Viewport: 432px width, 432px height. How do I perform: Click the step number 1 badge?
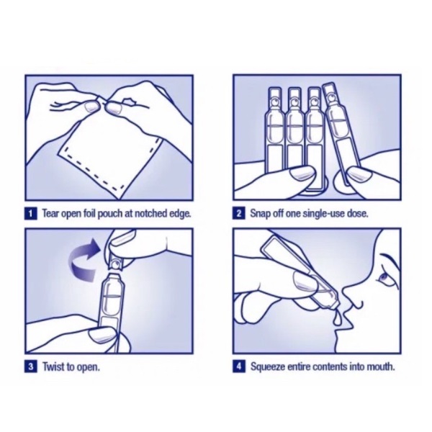30,214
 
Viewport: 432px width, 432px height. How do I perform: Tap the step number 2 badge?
238,214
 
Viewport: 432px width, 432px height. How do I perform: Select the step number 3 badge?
30,367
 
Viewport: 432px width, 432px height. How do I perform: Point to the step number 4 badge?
238,367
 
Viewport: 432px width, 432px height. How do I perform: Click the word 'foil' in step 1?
90,214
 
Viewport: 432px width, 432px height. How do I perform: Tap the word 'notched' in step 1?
150,214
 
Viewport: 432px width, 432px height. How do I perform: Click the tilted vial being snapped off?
341,134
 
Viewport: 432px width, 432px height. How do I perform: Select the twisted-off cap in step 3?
116,263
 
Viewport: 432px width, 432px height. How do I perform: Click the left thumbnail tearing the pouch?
91,107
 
